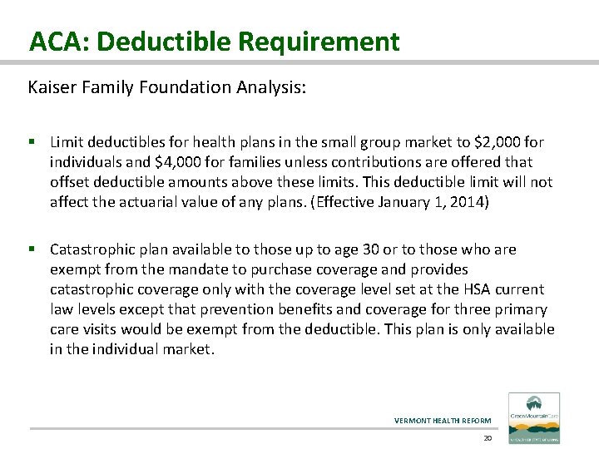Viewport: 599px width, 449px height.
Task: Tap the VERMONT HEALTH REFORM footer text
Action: [x=443, y=420]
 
